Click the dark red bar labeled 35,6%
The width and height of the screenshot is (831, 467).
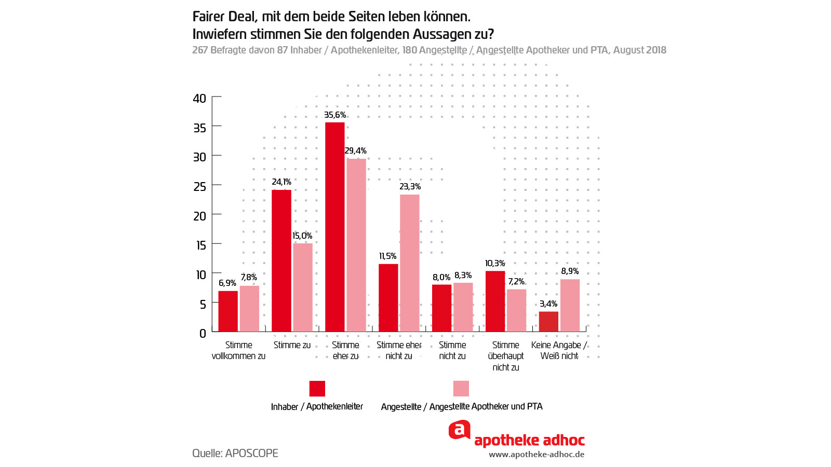334,227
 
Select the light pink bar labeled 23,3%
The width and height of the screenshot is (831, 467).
409,263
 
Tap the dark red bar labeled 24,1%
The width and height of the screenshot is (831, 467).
281,260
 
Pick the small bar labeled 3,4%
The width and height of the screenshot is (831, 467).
548,322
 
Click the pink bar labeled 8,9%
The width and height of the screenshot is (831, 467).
570,306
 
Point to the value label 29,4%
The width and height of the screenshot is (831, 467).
356,151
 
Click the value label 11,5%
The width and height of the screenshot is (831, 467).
387,256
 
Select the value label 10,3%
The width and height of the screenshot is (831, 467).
495,264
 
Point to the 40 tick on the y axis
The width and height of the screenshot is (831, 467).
199,98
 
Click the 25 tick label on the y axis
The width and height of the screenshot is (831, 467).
199,186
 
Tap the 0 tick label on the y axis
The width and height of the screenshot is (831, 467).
203,334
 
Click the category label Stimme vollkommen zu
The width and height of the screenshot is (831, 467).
238,350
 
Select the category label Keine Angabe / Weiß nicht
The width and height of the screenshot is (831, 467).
559,350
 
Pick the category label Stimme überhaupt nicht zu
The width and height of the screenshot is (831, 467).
505,356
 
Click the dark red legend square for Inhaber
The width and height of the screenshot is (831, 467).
317,389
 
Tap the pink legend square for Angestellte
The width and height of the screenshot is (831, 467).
461,389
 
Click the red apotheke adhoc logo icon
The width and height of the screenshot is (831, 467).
459,430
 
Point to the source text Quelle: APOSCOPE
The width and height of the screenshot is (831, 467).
235,453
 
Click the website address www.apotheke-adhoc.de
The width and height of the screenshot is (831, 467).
537,455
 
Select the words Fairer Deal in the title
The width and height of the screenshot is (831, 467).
224,17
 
